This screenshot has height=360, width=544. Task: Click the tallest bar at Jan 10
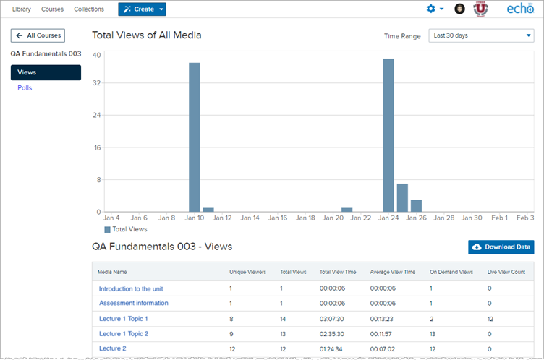[194, 137]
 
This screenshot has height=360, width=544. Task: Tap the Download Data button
[501, 247]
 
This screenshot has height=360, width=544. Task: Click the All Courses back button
[38, 35]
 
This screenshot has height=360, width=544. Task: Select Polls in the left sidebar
[25, 88]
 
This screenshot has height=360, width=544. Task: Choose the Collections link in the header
[89, 9]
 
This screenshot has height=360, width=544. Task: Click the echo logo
[520, 9]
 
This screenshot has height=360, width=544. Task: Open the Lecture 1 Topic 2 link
[124, 333]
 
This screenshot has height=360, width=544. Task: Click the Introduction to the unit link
[131, 288]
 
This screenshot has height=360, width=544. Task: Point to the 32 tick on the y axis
[96, 83]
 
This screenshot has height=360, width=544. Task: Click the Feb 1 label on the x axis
[500, 218]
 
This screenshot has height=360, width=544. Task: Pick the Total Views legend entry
[126, 229]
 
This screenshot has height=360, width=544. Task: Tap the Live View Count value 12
[490, 318]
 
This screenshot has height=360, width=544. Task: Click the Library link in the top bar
[22, 9]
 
